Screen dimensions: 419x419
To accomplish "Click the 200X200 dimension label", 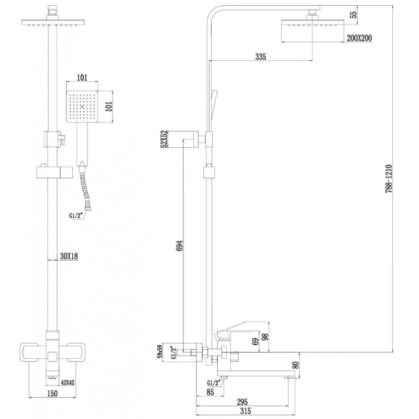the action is click(x=359, y=38).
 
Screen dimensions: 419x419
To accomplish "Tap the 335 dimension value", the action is click(x=260, y=57).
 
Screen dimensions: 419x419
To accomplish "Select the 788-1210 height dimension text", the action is click(x=389, y=179).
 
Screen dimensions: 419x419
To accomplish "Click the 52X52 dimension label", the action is click(x=164, y=139).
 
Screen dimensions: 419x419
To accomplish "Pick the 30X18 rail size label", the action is click(x=69, y=256).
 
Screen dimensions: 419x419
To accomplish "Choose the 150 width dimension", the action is click(x=52, y=393).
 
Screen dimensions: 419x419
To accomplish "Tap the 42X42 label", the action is click(x=68, y=383).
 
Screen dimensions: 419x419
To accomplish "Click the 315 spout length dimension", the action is click(x=246, y=411).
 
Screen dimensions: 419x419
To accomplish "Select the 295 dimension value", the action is click(x=242, y=402).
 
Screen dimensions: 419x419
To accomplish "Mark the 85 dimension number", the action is click(x=211, y=392).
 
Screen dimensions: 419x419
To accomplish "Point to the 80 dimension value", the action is click(x=296, y=365).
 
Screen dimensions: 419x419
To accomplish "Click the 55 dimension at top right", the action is click(x=354, y=15).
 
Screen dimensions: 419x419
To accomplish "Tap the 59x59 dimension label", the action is click(x=160, y=351).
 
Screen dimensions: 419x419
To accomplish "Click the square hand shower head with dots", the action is click(x=82, y=106).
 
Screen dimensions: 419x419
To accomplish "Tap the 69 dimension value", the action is click(x=256, y=342).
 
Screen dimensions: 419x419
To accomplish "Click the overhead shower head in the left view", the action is click(x=52, y=23).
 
